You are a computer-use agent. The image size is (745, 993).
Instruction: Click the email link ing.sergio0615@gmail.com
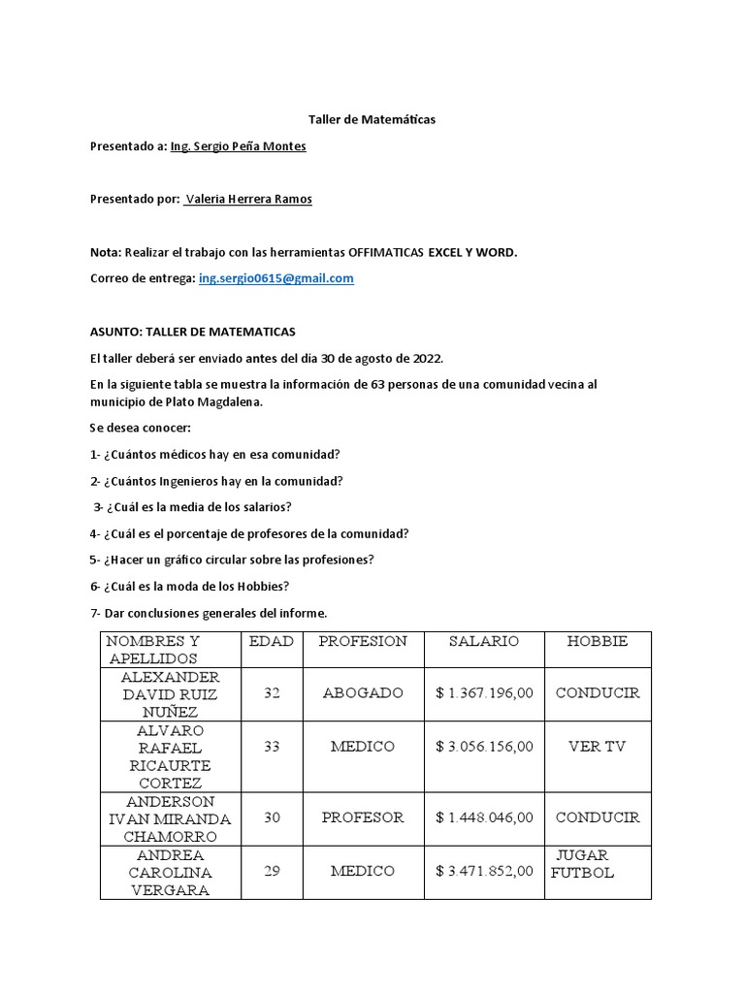[276, 278]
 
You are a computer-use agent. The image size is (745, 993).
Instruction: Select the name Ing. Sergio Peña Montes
[238, 146]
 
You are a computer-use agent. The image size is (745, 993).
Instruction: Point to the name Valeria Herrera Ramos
[248, 200]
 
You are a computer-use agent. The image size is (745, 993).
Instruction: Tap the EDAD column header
[271, 641]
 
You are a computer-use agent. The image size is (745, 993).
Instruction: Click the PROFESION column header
[363, 641]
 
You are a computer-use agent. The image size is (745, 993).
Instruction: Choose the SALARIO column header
[484, 641]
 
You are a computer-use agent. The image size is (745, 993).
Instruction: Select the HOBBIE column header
[597, 641]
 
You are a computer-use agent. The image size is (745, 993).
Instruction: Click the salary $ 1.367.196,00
[484, 693]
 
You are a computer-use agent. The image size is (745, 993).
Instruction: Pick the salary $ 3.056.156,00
[484, 747]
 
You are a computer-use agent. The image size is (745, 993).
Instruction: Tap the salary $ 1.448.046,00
[484, 817]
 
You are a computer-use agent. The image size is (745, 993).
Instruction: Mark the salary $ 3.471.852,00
[484, 871]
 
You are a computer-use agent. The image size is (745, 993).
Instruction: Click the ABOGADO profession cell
[363, 693]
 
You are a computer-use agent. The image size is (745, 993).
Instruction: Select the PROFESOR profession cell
[363, 817]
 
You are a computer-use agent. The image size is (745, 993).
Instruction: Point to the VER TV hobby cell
[597, 747]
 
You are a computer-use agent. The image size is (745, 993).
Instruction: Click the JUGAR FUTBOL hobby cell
[583, 863]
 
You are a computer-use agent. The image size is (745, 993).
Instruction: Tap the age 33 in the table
[272, 747]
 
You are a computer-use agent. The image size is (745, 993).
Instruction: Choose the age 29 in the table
[272, 871]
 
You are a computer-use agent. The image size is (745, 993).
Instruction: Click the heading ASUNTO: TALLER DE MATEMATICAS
[192, 333]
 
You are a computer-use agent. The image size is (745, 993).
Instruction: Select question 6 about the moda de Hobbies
[189, 586]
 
